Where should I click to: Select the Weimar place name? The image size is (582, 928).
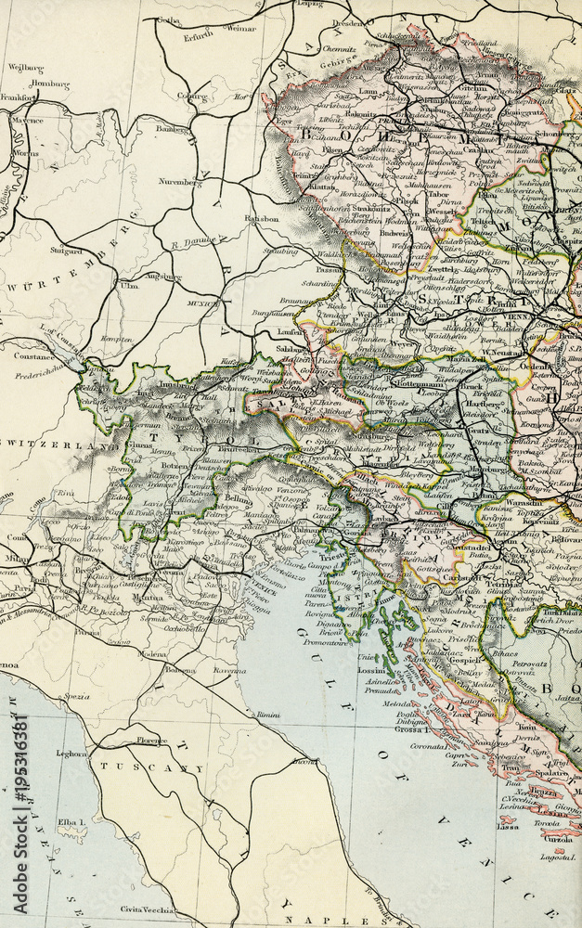point(239,29)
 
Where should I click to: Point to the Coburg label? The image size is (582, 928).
point(192,95)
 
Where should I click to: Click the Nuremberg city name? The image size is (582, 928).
point(181,183)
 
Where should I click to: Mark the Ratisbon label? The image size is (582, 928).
point(261,219)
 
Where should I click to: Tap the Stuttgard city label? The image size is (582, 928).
point(67,251)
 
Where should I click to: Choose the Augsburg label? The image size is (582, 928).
point(164,277)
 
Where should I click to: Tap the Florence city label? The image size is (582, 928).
point(149,741)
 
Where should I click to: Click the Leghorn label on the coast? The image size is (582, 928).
point(71,754)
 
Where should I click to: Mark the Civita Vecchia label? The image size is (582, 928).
point(149,909)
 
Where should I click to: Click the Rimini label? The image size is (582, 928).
point(268,715)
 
